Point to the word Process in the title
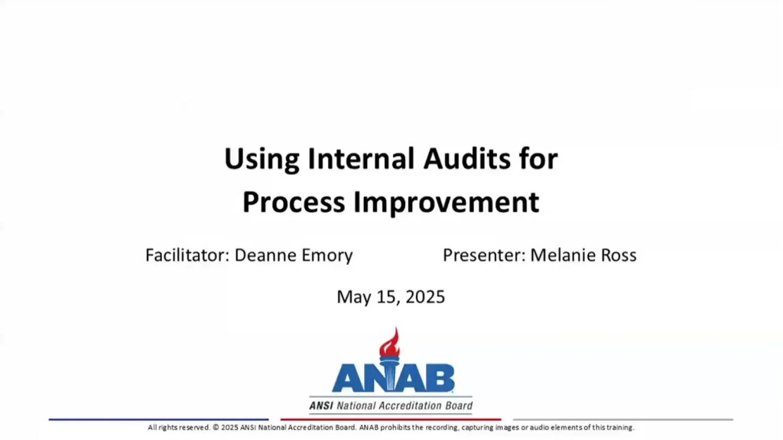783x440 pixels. coord(294,202)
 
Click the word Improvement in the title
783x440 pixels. coord(445,202)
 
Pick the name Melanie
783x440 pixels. coord(563,255)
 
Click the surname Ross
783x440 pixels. coord(618,255)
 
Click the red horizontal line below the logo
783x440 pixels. coord(391,419)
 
